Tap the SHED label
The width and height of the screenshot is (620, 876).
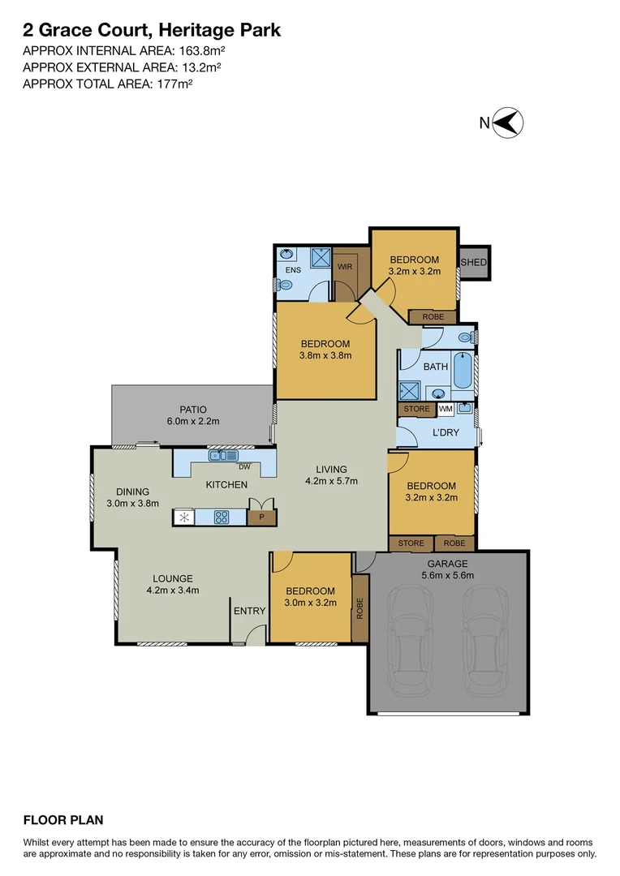click(x=473, y=262)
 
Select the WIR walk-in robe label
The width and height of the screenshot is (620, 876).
click(x=344, y=266)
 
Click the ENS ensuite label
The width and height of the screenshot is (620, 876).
click(x=293, y=271)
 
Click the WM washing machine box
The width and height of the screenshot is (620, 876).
click(x=446, y=409)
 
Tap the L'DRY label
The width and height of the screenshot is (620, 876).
click(x=445, y=432)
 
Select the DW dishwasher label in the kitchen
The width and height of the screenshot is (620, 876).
click(x=243, y=466)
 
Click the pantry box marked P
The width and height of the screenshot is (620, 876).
click(x=261, y=516)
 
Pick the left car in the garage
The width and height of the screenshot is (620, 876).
click(x=414, y=641)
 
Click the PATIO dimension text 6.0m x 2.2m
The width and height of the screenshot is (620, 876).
click(x=193, y=421)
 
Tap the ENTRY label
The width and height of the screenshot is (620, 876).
click(x=249, y=611)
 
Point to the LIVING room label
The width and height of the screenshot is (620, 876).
click(x=331, y=469)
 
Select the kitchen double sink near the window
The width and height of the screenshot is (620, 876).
click(x=222, y=456)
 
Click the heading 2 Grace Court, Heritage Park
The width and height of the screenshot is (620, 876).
click(x=152, y=31)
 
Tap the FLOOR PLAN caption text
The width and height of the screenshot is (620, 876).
click(x=63, y=820)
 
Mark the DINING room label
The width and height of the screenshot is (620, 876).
click(x=132, y=491)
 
